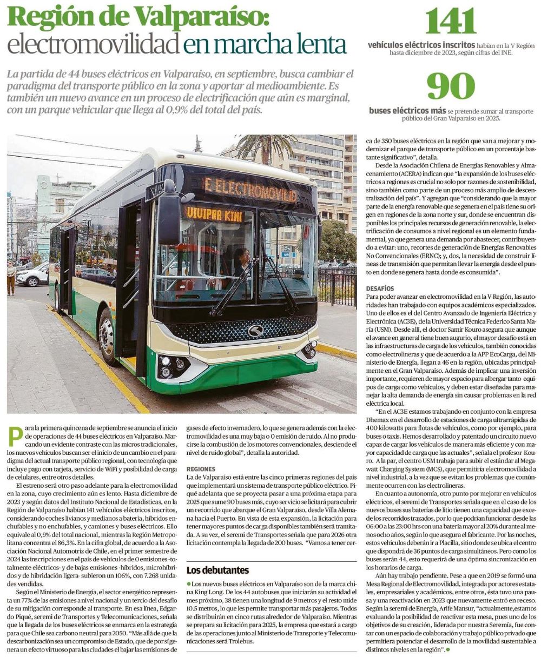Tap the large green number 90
tap(451, 86)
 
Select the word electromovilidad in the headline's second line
tap(93, 45)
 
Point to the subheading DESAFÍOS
tap(380, 288)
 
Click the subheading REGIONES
tap(201, 469)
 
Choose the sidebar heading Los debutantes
tap(217, 570)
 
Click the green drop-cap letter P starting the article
tap(15, 437)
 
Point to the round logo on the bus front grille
tap(255, 331)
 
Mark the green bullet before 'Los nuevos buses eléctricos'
tap(189, 584)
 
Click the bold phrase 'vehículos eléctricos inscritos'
tap(421, 46)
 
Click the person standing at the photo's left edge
tap(11, 277)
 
